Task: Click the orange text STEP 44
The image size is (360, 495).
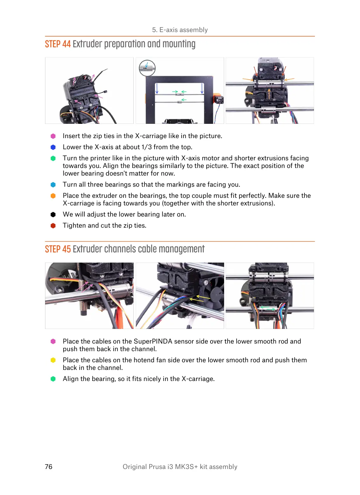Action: (58, 44)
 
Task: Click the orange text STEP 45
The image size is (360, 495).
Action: (58, 249)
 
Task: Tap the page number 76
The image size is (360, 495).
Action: (49, 466)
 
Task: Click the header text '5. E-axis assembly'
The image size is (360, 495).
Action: (180, 30)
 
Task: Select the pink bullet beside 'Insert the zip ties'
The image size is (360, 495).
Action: (53, 136)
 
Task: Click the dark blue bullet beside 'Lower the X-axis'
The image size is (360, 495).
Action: (53, 147)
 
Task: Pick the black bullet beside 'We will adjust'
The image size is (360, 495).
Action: (53, 215)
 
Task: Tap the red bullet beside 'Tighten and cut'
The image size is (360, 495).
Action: (53, 226)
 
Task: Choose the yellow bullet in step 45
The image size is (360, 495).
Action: (53, 360)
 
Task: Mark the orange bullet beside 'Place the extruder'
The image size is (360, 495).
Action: (53, 196)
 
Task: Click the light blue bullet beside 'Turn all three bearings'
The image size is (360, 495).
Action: (53, 185)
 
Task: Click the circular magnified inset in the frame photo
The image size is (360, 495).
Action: (147, 68)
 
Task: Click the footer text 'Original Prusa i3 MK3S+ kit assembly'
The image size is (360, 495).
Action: (180, 466)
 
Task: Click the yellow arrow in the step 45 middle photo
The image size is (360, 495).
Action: (200, 298)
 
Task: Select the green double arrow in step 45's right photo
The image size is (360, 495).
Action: (268, 307)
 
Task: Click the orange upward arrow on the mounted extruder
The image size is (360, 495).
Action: (269, 94)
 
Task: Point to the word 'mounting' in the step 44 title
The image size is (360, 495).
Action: (179, 44)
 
